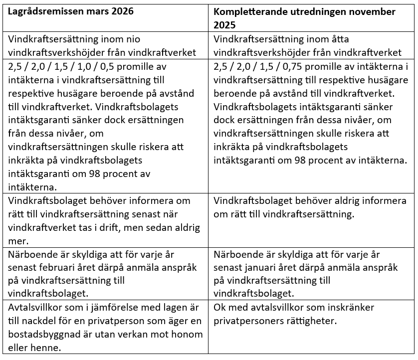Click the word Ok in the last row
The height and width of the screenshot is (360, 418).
[219, 307]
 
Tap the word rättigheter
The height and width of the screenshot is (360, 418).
[308, 321]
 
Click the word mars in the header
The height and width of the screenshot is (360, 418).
[95, 11]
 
